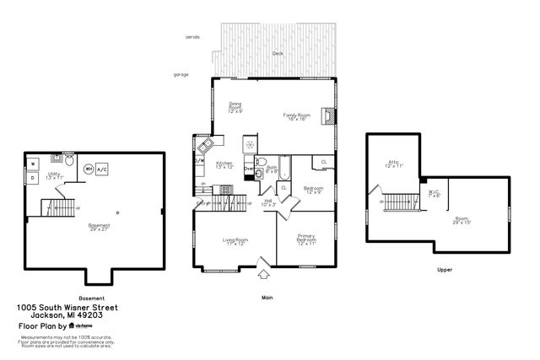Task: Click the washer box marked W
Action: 35,164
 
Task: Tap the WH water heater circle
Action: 89,169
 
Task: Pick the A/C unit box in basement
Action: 102,169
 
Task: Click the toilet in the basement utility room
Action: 71,160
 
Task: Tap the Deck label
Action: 278,54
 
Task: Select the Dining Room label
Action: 235,108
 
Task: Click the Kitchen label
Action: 224,165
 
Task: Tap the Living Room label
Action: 235,243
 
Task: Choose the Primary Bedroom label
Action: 306,240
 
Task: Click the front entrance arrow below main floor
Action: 264,273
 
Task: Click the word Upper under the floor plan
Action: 445,271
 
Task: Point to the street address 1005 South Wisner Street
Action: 67,308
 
